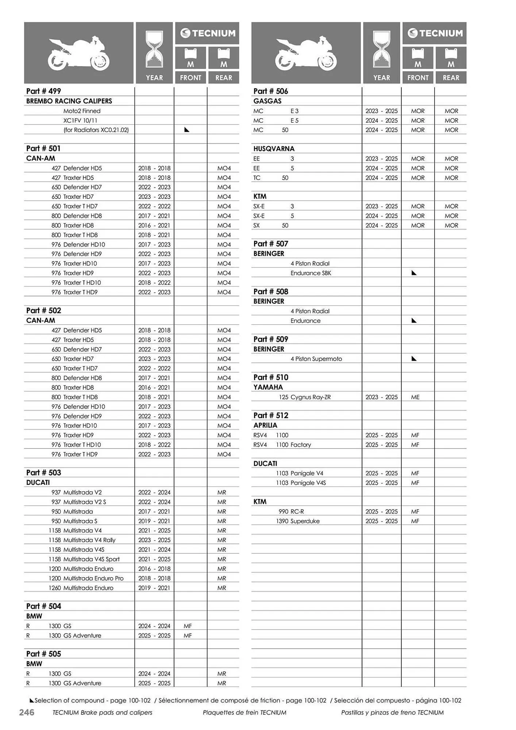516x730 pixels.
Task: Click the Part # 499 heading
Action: (x=43, y=91)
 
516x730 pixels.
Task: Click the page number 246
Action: (x=27, y=712)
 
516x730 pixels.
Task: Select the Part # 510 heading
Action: (x=271, y=377)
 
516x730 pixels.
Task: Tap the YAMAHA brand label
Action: (x=268, y=387)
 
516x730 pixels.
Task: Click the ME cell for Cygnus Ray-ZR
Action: (x=415, y=397)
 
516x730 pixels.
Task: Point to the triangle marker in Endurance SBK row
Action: (x=414, y=273)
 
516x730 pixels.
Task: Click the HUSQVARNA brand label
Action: (x=274, y=149)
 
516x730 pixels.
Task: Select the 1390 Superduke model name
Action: (x=298, y=521)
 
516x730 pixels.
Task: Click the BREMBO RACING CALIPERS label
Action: (x=69, y=101)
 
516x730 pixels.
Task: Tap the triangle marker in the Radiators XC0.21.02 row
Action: (x=187, y=130)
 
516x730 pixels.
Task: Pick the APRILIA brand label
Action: (x=265, y=425)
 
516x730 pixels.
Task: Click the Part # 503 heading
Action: (x=43, y=473)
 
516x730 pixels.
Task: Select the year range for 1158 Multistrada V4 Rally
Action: (x=154, y=540)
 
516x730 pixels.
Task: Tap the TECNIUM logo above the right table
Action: (x=434, y=33)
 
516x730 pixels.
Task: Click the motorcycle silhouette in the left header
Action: (x=78, y=53)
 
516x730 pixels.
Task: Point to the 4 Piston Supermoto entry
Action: (x=316, y=359)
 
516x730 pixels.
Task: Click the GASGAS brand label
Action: (x=267, y=101)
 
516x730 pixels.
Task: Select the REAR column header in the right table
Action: (x=451, y=78)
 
